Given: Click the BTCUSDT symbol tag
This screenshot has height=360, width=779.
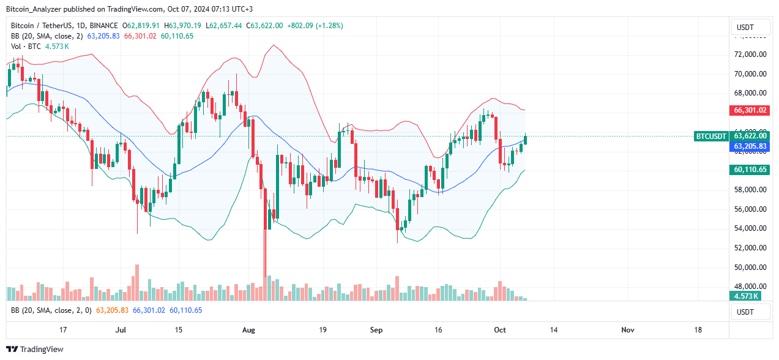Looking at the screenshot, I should (710, 136).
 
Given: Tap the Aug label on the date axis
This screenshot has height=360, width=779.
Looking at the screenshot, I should (248, 330).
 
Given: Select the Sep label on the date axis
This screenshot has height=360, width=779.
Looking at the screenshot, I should (376, 330).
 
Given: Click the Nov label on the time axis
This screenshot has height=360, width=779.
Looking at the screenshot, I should (627, 330).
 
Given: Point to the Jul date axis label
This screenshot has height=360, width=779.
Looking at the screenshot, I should (121, 330).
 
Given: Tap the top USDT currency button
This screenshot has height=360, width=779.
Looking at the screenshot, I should (750, 27).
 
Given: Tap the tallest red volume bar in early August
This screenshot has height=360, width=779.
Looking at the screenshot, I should (265, 288).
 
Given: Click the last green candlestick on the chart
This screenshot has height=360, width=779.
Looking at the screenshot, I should (525, 140).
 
